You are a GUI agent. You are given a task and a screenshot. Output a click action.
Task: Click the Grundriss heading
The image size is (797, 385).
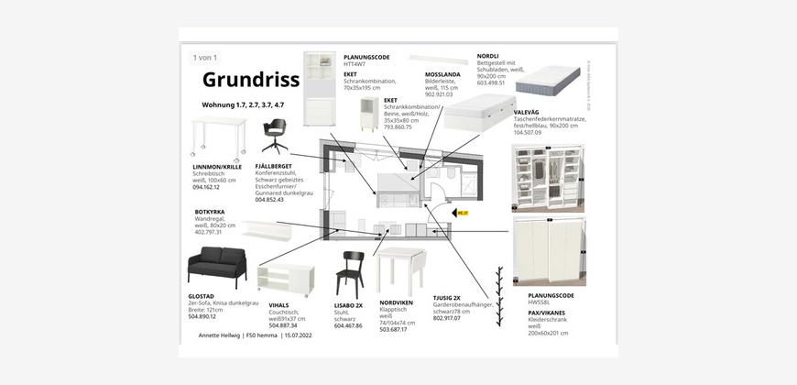250,80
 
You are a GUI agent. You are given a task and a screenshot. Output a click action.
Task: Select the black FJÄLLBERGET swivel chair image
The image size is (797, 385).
274,136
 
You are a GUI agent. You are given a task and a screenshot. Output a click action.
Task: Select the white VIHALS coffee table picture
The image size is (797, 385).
286,277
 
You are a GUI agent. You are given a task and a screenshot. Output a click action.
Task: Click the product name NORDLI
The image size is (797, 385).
487,56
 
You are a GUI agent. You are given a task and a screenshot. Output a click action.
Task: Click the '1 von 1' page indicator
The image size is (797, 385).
204,58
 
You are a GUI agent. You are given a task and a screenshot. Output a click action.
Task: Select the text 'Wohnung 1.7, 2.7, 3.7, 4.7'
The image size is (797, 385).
243,105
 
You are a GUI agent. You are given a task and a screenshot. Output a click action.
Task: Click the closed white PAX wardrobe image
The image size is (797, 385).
548,250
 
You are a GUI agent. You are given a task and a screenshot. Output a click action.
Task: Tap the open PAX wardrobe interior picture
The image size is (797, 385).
547,178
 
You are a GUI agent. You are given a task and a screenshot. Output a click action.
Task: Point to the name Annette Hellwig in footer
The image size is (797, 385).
220,335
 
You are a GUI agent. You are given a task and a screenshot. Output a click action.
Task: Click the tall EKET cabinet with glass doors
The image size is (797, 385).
320,88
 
